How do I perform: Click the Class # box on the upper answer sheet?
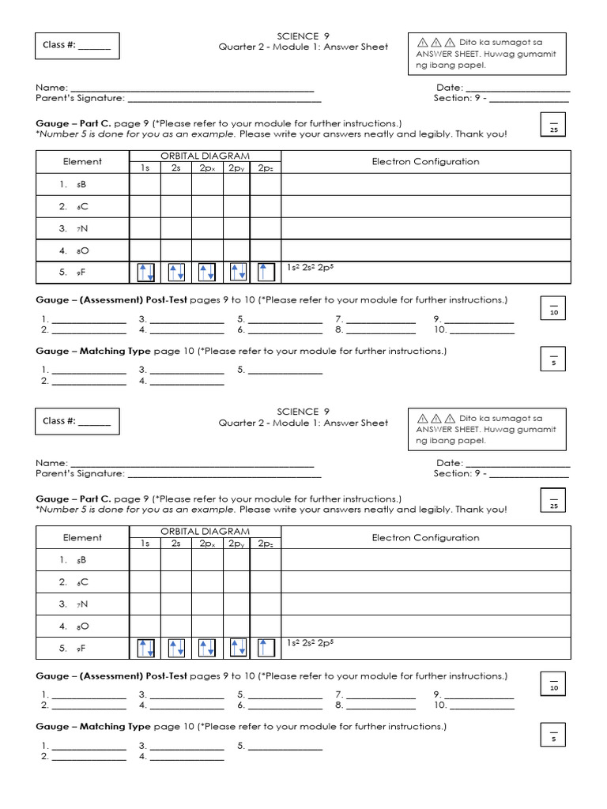[77, 46]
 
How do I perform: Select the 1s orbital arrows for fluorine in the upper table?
[145, 273]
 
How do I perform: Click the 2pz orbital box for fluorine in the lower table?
[266, 649]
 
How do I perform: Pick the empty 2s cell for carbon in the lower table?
[176, 582]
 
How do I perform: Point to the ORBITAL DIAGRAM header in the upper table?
[205, 156]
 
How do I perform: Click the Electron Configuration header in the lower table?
[425, 538]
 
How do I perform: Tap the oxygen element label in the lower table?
[81, 627]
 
